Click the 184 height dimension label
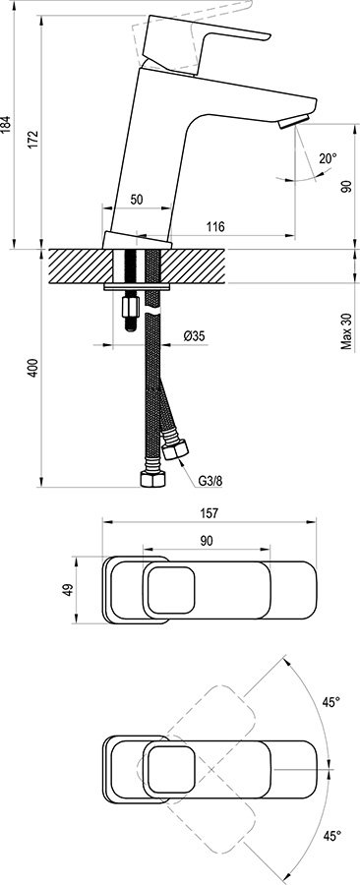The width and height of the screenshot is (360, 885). tap(8, 124)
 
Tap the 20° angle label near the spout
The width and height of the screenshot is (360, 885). tap(327, 157)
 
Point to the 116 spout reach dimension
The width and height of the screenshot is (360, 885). tap(216, 227)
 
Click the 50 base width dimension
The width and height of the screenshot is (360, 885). tap(137, 200)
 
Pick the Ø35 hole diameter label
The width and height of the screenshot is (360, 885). tap(194, 336)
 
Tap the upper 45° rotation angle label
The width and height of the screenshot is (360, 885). tap(330, 702)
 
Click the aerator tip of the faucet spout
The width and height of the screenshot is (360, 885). tap(289, 122)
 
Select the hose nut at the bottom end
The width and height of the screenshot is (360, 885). tap(152, 481)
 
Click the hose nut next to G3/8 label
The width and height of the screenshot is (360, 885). tap(177, 450)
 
